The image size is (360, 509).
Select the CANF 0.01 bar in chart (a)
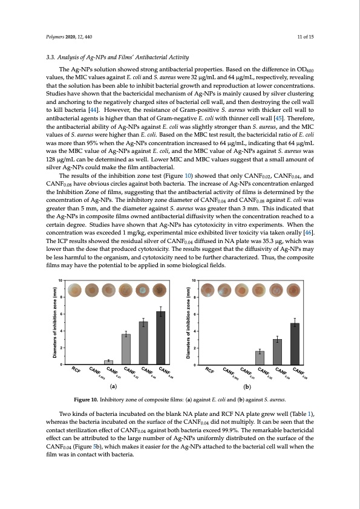click(108, 361)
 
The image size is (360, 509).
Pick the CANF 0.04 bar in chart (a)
click(143, 343)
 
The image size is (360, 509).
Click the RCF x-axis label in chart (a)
click(76, 369)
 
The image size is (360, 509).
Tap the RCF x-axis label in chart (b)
click(209, 369)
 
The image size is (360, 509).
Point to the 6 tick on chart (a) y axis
click(61, 314)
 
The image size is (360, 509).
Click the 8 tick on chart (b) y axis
click(194, 297)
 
